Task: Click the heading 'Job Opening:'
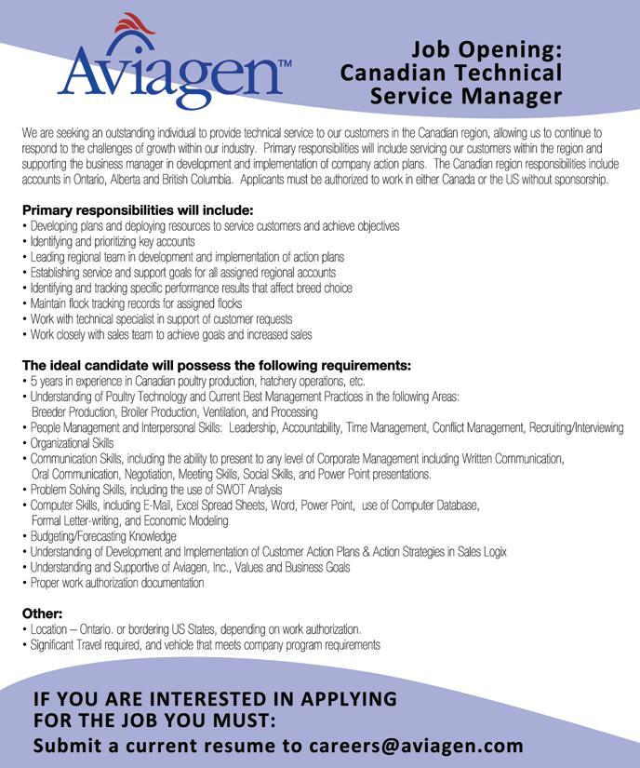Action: point(487,49)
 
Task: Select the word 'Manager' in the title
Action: point(515,96)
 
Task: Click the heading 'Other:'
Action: point(43,613)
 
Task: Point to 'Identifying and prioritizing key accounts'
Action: point(113,241)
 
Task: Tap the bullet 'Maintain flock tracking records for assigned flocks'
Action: point(136,303)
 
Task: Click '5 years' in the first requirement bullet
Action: point(45,381)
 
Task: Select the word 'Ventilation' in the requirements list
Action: point(221,411)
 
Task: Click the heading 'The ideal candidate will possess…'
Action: point(217,365)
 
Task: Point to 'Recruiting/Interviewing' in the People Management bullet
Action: point(576,427)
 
